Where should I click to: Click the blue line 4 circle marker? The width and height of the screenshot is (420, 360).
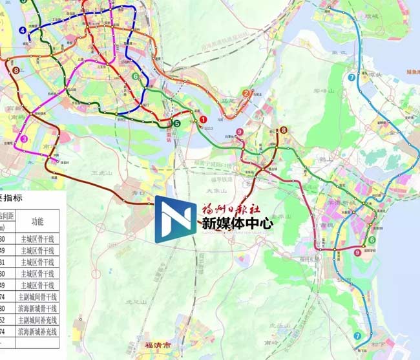[x=23, y=30]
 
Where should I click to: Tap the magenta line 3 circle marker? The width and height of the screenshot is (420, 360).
[x=24, y=138]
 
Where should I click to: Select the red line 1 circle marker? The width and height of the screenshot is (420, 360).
[x=203, y=120]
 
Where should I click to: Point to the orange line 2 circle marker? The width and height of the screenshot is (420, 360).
[x=246, y=93]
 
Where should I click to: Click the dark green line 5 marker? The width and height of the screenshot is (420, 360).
[x=177, y=123]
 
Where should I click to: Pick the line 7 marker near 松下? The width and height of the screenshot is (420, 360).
[x=357, y=336]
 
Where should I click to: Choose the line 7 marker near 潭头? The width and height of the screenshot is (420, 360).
[x=351, y=78]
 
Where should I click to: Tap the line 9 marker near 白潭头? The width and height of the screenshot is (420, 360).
[x=240, y=132]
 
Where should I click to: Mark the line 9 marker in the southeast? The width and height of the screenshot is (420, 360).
[x=357, y=253]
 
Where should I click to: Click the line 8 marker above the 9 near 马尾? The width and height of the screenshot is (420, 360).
[x=283, y=130]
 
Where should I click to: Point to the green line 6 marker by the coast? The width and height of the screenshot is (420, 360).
[x=372, y=240]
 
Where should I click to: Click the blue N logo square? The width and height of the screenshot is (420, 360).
[x=176, y=219]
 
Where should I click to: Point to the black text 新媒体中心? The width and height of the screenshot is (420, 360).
[x=238, y=224]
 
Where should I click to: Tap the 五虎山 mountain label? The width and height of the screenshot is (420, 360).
[x=102, y=173]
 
